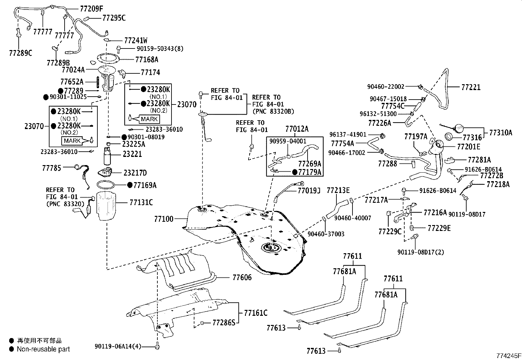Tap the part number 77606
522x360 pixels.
click(242, 277)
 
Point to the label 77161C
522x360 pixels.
click(255, 313)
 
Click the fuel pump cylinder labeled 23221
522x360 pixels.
click(107, 156)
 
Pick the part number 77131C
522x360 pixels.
click(141, 202)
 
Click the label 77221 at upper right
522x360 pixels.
click(471, 87)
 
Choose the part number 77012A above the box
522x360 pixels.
click(297, 129)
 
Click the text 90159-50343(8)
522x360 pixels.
click(160, 49)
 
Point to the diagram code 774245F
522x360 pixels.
click(508, 356)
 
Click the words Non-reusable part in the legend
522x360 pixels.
click(43, 349)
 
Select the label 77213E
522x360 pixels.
click(338, 190)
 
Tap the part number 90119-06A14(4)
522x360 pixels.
click(118, 346)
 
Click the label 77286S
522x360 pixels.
click(224, 323)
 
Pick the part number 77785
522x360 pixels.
click(51, 168)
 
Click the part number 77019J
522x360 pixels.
click(309, 190)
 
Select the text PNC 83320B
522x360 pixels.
click(273, 111)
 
